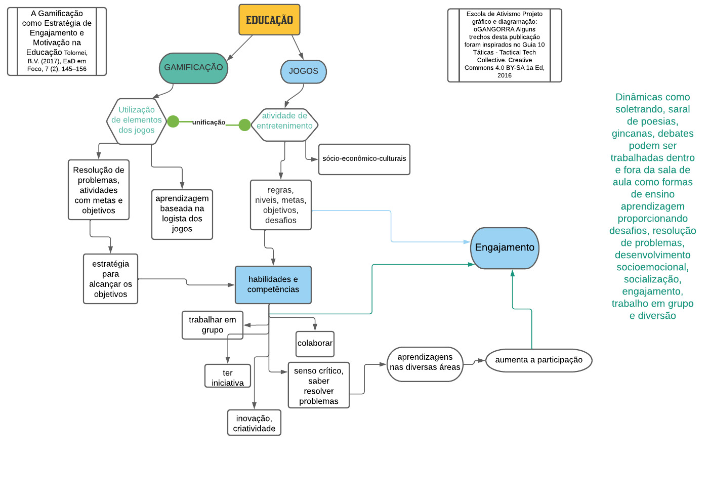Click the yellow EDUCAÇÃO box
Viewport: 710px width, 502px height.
(x=269, y=20)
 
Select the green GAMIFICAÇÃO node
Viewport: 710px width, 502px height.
(x=193, y=68)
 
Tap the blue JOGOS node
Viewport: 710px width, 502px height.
(x=303, y=71)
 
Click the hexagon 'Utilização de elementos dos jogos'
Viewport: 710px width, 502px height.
(x=137, y=120)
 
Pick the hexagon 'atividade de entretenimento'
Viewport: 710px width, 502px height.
(x=284, y=121)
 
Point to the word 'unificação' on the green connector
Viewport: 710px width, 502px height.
(x=208, y=122)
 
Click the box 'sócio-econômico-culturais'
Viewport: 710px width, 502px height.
(x=364, y=159)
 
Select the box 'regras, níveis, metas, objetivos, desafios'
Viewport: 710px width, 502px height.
(x=280, y=205)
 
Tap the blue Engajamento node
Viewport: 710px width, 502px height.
(x=505, y=247)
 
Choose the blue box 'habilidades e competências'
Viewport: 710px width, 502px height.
(x=273, y=284)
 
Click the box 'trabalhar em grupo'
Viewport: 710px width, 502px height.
(x=212, y=325)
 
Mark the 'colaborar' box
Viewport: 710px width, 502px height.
(x=315, y=344)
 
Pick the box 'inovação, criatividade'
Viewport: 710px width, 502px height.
(x=254, y=423)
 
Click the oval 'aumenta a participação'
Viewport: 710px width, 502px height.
(x=538, y=360)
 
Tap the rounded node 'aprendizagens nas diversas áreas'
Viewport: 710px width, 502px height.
(x=425, y=363)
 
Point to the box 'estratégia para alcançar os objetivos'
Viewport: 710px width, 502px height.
(x=110, y=279)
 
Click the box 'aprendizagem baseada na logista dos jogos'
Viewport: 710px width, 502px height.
(x=182, y=214)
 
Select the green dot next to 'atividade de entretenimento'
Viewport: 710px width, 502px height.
(x=244, y=124)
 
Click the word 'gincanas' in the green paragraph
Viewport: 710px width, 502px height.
(x=627, y=134)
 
